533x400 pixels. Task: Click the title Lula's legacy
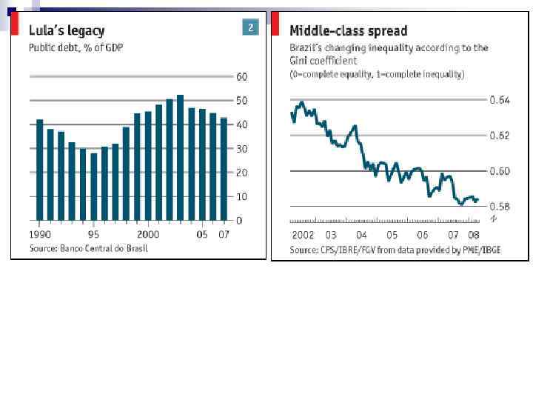67,30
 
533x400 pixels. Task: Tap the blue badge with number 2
250,28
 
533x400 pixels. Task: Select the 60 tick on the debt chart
241,77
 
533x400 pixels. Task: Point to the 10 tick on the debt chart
241,197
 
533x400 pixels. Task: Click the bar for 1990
40,170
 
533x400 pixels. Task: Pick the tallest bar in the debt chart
180,158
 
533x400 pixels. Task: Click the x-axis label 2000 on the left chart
148,234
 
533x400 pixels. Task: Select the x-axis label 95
94,234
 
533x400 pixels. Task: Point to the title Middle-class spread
348,30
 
